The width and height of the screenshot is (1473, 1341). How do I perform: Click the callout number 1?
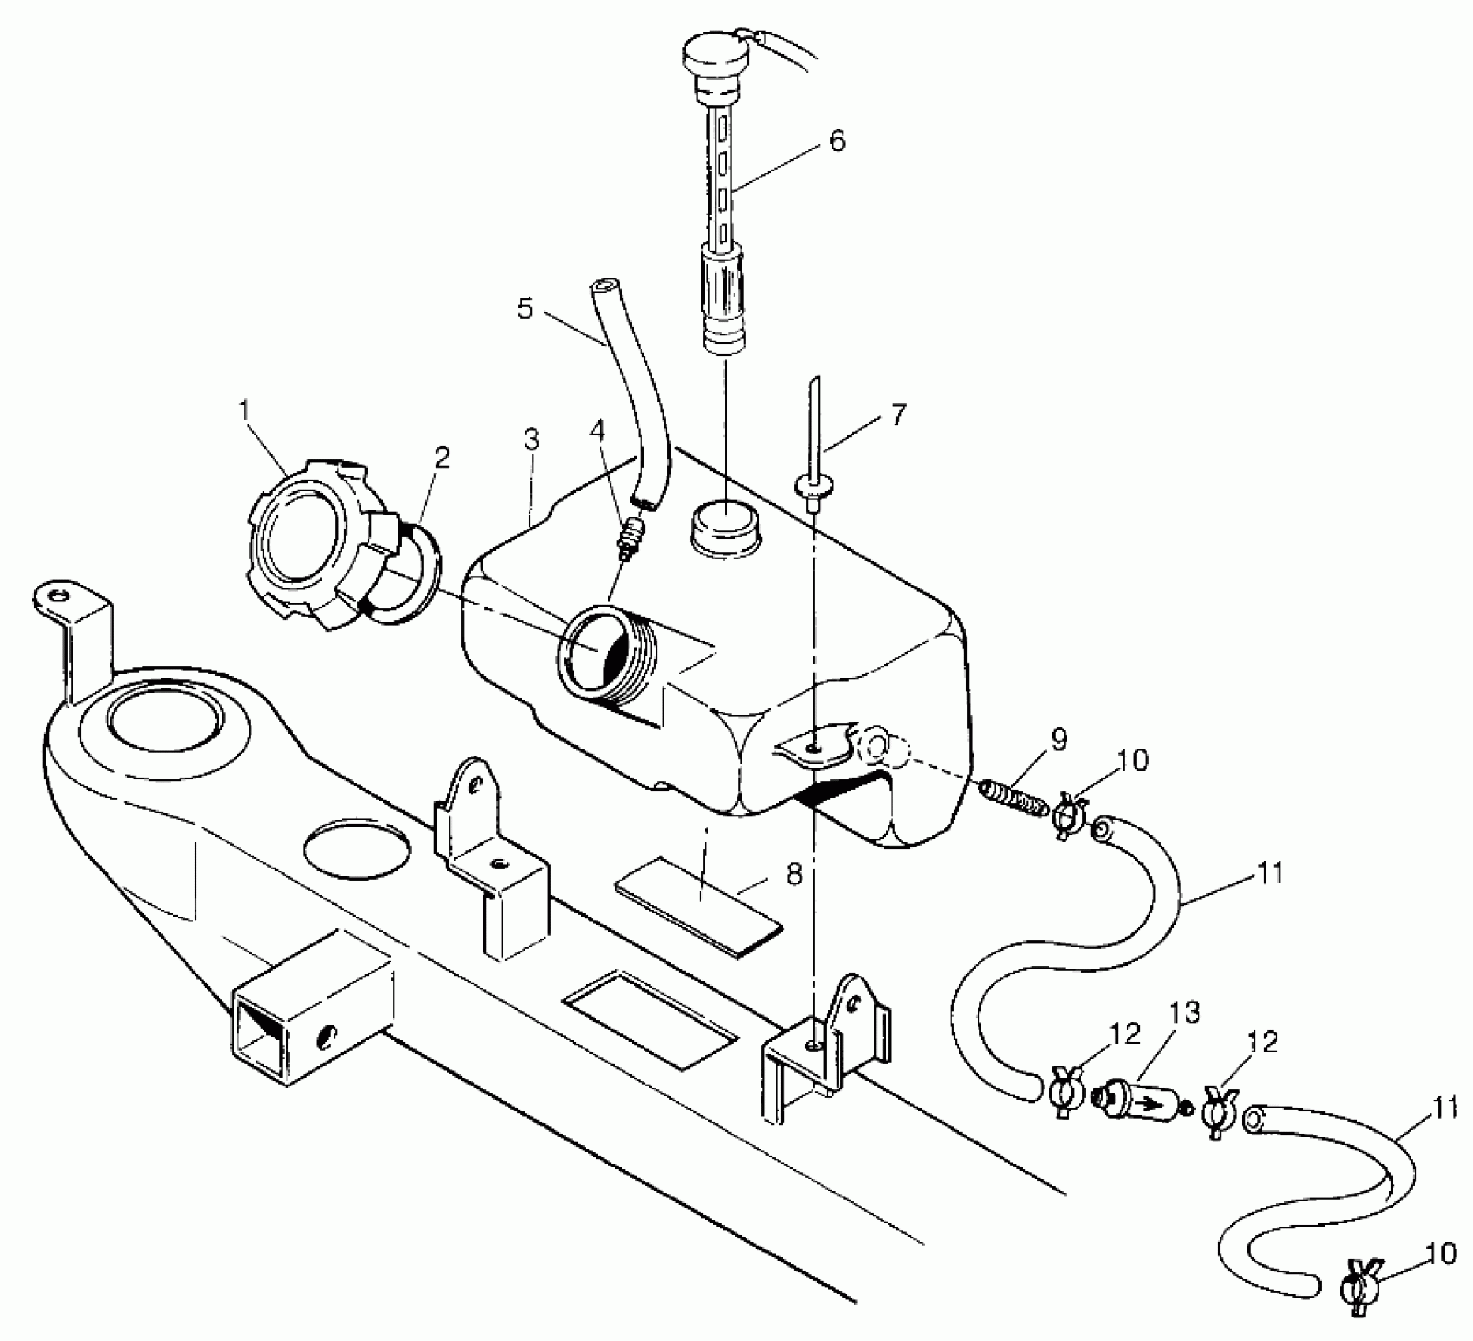tap(245, 410)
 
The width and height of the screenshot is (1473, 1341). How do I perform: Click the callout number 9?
tap(1059, 740)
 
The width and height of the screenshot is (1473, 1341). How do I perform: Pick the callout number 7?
tap(899, 415)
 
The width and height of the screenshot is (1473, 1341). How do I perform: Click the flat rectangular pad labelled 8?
tap(698, 907)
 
